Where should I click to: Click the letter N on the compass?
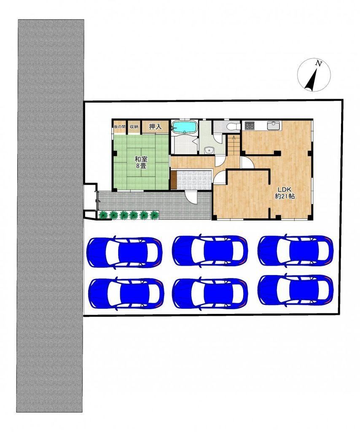(319, 64)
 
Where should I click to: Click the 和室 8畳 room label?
(140, 162)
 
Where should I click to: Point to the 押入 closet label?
(155, 127)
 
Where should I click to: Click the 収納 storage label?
(134, 127)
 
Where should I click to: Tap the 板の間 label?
(119, 127)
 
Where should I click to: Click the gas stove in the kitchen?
(250, 126)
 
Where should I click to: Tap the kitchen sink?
(274, 126)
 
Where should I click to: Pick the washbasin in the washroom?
(210, 150)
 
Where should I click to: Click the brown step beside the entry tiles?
(173, 180)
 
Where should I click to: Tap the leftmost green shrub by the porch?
(103, 215)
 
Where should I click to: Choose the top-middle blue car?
(210, 251)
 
